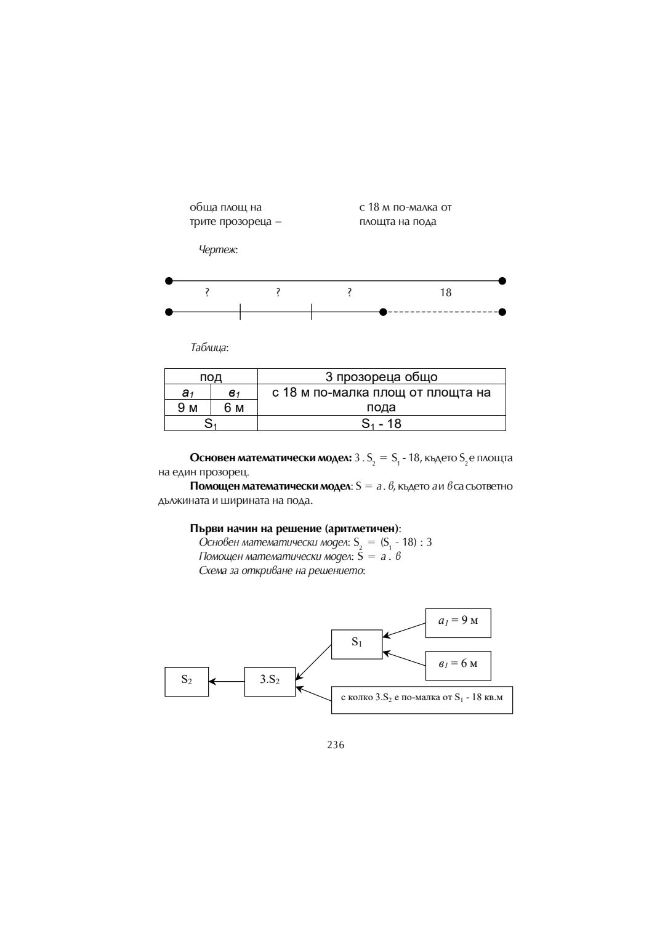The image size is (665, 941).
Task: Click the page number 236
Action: pos(336,745)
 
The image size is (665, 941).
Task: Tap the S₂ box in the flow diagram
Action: pos(187,681)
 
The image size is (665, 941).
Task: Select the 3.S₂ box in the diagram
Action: pos(270,681)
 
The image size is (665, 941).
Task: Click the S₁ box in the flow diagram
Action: pos(357,644)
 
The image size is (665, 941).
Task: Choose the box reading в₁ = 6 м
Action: pos(457,665)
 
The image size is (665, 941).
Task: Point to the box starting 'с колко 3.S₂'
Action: pos(422,700)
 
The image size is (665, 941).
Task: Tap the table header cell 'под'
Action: pos(211,377)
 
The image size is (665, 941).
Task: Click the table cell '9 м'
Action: pos(187,408)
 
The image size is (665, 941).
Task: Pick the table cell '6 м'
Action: pos(234,408)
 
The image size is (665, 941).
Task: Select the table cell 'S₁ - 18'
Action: pos(381,424)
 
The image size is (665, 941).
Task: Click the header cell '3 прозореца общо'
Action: pos(381,377)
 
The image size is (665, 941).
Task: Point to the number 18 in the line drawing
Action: pos(445,293)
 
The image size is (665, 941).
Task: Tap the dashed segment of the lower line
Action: pos(442,312)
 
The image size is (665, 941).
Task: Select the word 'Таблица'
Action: pos(209,348)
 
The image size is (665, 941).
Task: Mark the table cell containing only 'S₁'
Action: pos(211,424)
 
